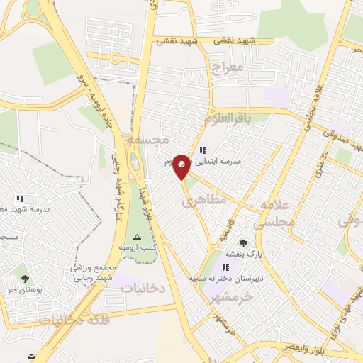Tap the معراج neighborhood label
227,68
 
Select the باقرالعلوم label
229,119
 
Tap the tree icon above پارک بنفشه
244,243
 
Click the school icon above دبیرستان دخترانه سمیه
225,267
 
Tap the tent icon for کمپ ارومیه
138,237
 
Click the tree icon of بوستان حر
26,279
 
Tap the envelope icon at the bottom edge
31,356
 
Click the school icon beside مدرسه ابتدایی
203,150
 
